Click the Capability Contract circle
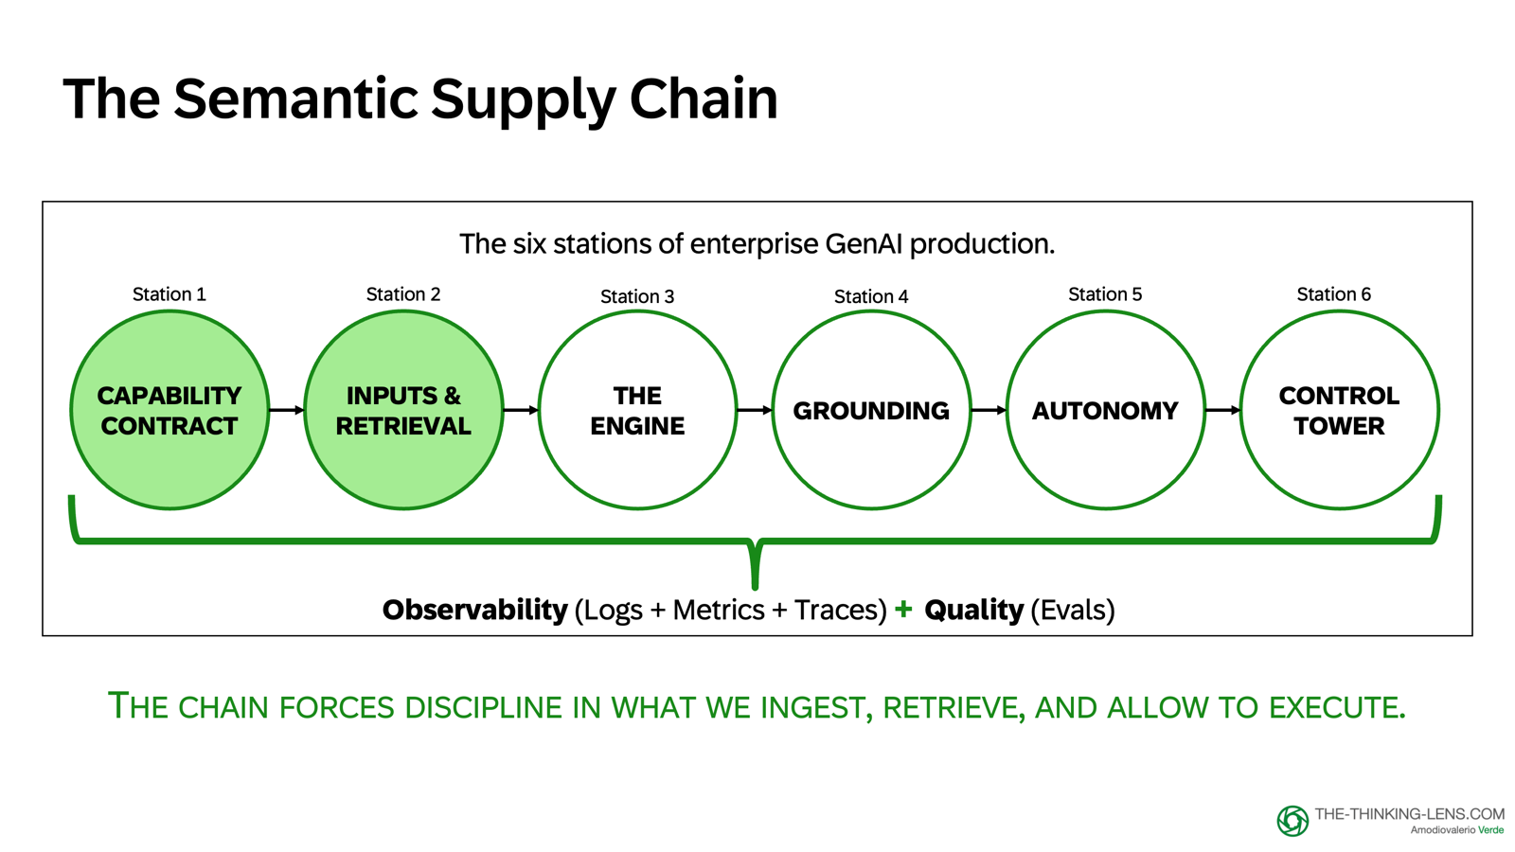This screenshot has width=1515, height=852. [169, 410]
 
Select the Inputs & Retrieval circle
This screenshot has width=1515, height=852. [403, 410]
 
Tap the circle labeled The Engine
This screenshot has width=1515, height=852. [637, 410]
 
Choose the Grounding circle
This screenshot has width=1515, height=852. [871, 410]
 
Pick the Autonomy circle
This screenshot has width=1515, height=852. [1105, 410]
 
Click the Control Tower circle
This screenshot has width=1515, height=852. [1339, 410]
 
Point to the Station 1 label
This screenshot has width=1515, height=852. [169, 294]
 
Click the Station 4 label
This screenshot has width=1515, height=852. [871, 296]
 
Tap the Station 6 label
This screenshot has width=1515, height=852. [1333, 294]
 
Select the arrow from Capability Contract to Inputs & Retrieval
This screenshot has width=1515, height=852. [286, 410]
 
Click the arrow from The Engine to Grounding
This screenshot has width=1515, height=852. [754, 410]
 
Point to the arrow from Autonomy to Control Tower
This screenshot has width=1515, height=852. [1222, 410]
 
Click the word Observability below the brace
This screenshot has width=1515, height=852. [474, 610]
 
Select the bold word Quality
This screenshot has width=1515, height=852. [973, 610]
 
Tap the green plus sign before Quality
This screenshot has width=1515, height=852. [903, 609]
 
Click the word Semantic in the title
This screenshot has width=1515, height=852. [296, 98]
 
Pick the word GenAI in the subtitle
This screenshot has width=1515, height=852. [864, 244]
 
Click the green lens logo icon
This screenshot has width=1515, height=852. [1292, 821]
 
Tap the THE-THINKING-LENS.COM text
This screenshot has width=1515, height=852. [1409, 814]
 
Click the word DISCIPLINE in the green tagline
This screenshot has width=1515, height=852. [483, 707]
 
